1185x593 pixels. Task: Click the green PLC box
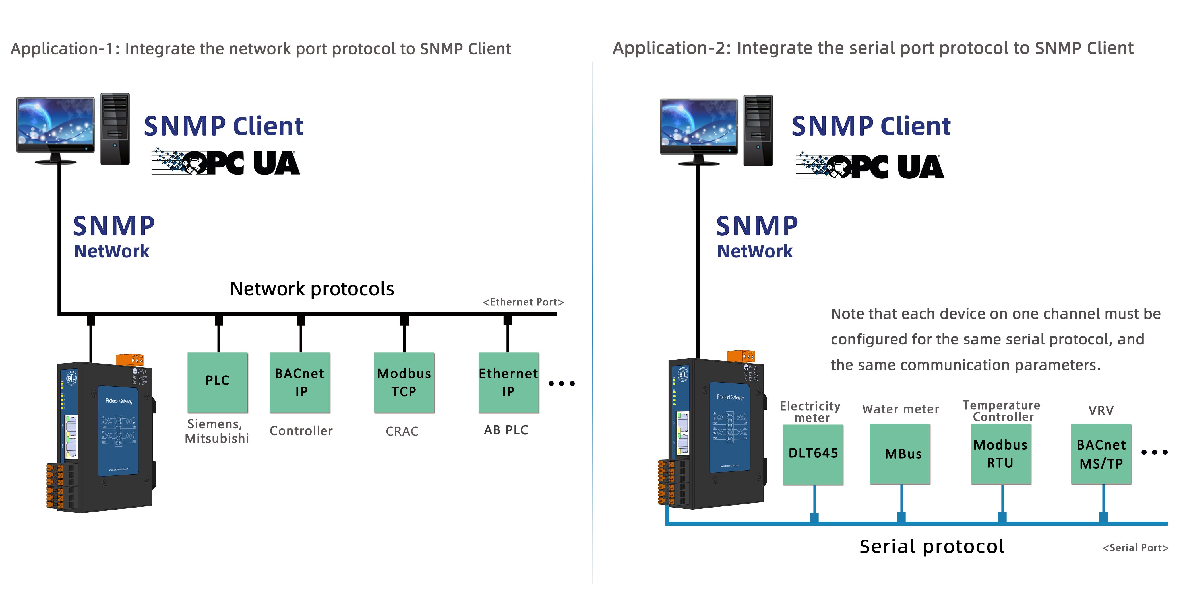click(218, 382)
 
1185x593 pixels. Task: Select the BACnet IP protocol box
click(300, 382)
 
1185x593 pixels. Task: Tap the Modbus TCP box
click(404, 382)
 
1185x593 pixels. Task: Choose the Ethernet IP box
click(508, 382)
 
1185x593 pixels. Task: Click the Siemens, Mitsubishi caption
click(217, 431)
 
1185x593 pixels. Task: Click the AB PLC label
click(506, 430)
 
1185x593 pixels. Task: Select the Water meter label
click(900, 409)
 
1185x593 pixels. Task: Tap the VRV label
click(1101, 410)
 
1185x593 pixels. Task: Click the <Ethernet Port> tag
click(523, 302)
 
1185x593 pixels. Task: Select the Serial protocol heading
click(932, 547)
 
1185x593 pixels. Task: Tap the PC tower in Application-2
click(758, 130)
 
